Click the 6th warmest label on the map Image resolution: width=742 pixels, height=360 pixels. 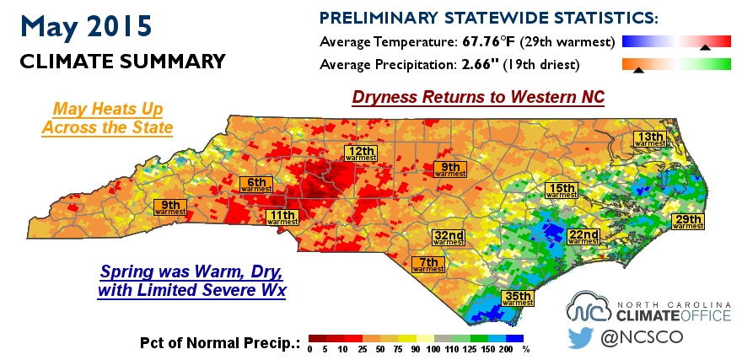click(256, 184)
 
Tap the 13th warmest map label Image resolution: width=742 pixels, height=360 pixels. click(650, 138)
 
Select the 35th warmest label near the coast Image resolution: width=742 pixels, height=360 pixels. click(519, 298)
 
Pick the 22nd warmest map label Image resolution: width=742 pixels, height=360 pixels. click(583, 237)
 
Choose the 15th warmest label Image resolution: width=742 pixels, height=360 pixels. click(562, 191)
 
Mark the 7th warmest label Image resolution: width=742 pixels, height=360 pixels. click(428, 265)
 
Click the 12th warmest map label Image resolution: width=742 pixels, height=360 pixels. click(361, 153)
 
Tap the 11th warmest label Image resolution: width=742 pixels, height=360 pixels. click(282, 218)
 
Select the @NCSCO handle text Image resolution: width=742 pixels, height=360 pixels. click(641, 337)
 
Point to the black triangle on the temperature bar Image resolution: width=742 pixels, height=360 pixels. click(705, 47)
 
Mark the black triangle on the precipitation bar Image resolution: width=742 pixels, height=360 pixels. click(638, 70)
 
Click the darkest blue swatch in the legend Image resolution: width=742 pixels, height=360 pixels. click(515, 338)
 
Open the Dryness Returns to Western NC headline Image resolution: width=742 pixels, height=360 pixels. click(478, 98)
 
